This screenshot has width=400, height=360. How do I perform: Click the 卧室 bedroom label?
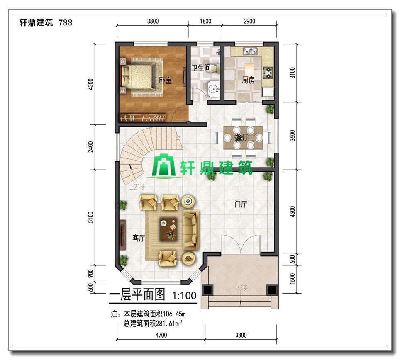point(165,80)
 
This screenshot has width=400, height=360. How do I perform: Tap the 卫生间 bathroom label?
point(201,68)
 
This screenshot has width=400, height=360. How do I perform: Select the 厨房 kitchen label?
point(248,80)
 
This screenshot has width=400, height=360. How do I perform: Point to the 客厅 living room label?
point(139,238)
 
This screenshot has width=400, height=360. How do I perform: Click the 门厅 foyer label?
point(241,204)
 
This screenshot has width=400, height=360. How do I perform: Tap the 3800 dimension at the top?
point(153,21)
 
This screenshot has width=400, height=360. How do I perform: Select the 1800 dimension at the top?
point(205,21)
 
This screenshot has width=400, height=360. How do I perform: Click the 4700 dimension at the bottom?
point(161,335)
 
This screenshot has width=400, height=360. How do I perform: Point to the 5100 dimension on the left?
point(90,217)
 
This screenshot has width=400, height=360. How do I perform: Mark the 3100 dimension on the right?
point(293,73)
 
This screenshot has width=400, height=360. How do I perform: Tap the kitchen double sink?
point(250,51)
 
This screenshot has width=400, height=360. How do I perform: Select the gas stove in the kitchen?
point(268,72)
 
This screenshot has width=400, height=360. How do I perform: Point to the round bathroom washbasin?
point(213,89)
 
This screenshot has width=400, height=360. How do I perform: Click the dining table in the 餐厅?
point(243,137)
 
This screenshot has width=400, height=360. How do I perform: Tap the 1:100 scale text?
point(184,295)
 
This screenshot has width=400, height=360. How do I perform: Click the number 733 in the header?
point(65,23)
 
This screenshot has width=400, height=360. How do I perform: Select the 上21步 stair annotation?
point(137,187)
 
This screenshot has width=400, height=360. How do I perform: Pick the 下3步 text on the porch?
point(241,288)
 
